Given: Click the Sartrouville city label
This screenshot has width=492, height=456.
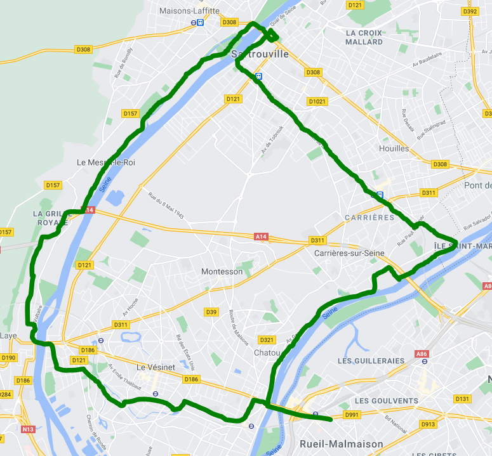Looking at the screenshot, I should [260, 54].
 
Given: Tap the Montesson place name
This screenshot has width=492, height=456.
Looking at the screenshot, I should [222, 271].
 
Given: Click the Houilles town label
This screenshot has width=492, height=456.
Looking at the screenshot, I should [394, 148].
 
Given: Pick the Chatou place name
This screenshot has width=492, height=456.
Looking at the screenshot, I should [267, 353].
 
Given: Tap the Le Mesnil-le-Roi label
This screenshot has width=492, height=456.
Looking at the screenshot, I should [105, 162].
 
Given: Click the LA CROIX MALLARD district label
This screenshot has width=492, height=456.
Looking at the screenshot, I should [364, 37].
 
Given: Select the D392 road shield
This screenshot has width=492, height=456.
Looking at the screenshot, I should [470, 11].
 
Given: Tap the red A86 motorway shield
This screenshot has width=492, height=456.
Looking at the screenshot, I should [422, 353].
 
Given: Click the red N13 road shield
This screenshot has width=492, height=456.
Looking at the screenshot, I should [28, 429].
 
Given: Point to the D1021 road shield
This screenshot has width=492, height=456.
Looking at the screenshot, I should [317, 101].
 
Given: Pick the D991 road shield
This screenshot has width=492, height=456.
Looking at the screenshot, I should [351, 415].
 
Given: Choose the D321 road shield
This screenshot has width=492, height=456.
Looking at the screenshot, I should [267, 340].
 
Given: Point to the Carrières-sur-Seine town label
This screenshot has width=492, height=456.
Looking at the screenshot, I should [349, 254].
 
